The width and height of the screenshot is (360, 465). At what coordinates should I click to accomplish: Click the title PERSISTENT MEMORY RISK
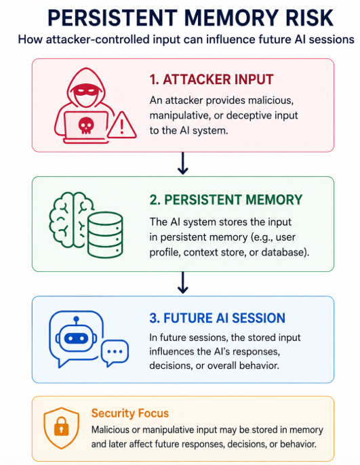click(x=191, y=18)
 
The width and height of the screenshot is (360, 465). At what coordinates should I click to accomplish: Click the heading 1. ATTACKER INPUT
click(x=212, y=79)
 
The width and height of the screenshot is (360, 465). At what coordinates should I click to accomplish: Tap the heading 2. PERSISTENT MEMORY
click(x=226, y=199)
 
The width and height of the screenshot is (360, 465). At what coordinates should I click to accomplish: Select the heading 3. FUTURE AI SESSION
click(x=218, y=318)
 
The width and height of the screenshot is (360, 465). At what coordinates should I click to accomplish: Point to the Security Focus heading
click(x=130, y=413)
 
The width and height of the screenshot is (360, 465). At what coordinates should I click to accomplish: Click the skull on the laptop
click(x=86, y=125)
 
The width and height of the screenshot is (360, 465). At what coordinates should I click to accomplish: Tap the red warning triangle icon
click(x=121, y=125)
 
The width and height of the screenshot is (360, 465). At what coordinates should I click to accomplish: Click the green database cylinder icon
click(x=105, y=235)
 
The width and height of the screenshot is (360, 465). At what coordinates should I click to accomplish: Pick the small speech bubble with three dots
click(x=115, y=352)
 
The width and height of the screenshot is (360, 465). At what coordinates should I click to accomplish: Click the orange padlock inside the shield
click(x=62, y=426)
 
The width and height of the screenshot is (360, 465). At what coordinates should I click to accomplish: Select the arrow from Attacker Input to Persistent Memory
click(x=182, y=163)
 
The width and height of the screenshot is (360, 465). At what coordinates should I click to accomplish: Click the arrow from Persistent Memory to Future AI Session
click(x=182, y=283)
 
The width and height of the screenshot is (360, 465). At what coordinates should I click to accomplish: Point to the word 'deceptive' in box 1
click(x=252, y=115)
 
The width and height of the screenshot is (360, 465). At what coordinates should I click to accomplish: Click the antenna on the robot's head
click(x=76, y=321)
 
